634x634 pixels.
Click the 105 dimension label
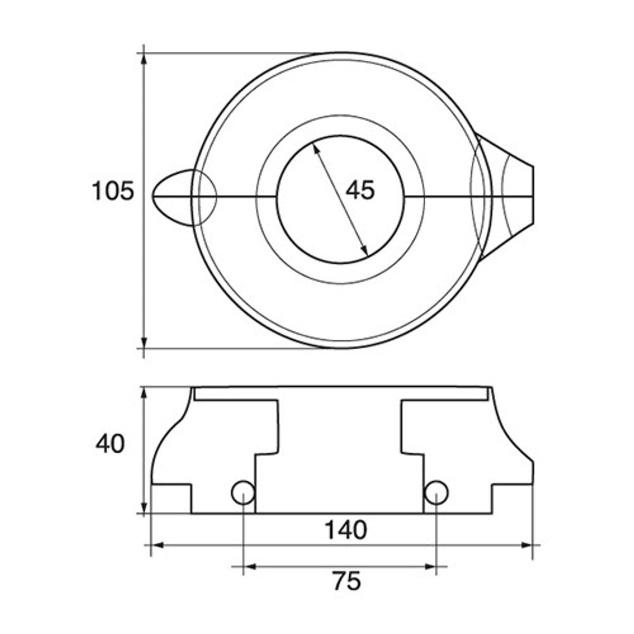click(x=113, y=191)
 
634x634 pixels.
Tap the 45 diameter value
click(x=360, y=190)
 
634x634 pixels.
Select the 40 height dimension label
click(x=110, y=444)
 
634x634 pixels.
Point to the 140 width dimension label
click(x=345, y=530)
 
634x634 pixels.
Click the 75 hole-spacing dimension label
click(x=347, y=581)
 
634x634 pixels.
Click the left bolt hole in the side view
click(x=243, y=492)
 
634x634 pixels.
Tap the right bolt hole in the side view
click(x=436, y=492)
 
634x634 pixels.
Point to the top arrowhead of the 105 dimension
click(x=144, y=58)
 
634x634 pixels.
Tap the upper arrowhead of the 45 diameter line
click(x=316, y=149)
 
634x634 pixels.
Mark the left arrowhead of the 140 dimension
click(x=156, y=545)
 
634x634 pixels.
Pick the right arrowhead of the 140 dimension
click(x=527, y=545)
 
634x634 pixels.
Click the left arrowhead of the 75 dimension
click(x=248, y=567)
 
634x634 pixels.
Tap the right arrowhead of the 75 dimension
click(x=431, y=567)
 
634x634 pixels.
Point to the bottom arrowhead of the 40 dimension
click(x=144, y=508)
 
